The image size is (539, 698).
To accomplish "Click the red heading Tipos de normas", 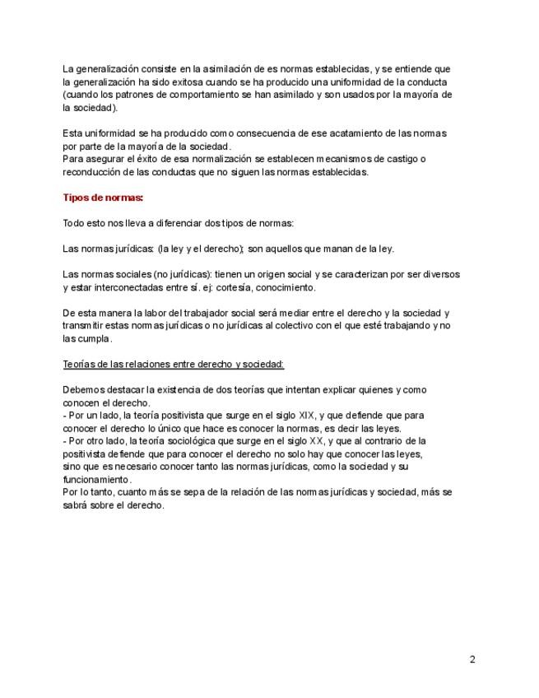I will click(103, 198).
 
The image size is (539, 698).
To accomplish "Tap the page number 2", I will click(472, 659).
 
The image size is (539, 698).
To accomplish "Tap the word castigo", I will click(424, 159).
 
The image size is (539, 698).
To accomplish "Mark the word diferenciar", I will click(185, 224).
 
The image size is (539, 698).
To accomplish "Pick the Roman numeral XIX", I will click(308, 415).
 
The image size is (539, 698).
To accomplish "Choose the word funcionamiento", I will click(97, 479).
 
